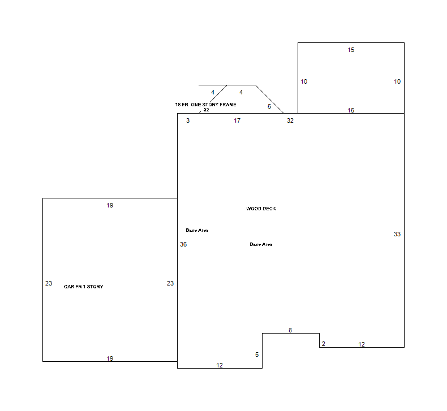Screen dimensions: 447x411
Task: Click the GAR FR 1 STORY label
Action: coord(83,287)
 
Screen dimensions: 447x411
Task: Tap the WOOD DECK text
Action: coord(261,209)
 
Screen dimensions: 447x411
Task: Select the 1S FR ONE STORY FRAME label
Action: coord(205,105)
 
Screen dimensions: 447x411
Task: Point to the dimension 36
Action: coord(183,244)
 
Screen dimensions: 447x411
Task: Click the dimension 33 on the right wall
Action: coord(397,234)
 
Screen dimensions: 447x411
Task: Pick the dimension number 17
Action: coord(237,120)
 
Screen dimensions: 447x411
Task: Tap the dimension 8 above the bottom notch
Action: coord(290,330)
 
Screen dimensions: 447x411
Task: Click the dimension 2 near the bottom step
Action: coord(324,344)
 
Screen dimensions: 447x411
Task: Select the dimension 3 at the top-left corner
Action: coord(188,120)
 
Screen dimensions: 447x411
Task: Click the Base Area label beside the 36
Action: coord(197,230)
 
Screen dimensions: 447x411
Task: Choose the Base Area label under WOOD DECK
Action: coord(261,244)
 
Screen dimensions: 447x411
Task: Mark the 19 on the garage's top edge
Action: coord(110,205)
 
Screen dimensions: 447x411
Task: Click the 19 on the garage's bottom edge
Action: coord(110,358)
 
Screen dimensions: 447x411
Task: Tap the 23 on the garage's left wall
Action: coord(49,283)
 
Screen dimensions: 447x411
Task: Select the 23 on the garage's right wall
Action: coord(170,283)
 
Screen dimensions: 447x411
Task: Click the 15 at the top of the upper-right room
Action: coord(351,50)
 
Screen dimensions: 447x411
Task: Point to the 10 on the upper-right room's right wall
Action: coord(397,81)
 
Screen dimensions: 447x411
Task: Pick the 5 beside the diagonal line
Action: coord(269,106)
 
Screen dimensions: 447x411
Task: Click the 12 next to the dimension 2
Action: coord(362,344)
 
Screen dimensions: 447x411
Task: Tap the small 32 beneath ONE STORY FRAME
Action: coord(206,110)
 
